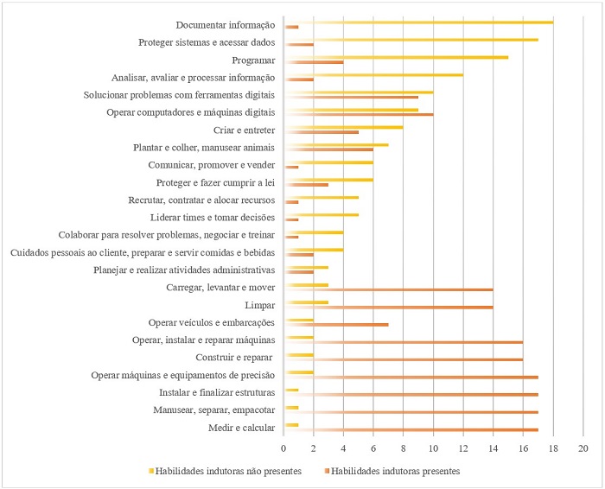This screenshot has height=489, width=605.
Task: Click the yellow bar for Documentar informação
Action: click(x=419, y=22)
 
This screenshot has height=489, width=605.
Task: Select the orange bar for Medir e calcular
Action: click(x=411, y=429)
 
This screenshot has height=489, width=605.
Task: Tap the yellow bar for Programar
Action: click(x=397, y=57)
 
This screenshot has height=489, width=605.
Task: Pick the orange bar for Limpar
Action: click(x=389, y=307)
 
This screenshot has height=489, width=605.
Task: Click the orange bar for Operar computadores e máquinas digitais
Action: click(x=360, y=114)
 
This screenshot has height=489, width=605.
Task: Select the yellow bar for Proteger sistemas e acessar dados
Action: click(x=411, y=39)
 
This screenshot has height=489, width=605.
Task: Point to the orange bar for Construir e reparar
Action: click(x=404, y=359)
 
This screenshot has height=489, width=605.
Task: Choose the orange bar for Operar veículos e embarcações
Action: click(x=336, y=325)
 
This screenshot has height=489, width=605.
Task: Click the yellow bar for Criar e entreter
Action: click(x=344, y=127)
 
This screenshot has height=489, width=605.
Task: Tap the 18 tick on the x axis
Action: click(x=553, y=449)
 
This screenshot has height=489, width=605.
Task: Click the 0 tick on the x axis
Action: click(x=283, y=449)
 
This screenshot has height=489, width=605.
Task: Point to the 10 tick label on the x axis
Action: click(x=433, y=449)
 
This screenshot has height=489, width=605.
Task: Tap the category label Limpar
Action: click(x=261, y=305)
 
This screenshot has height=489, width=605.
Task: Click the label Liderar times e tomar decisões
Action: click(x=213, y=217)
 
